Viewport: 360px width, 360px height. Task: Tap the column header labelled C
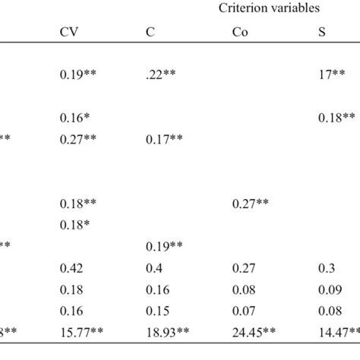tap(150, 32)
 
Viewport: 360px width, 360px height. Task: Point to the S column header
tap(321, 32)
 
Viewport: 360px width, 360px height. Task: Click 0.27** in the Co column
tap(251, 204)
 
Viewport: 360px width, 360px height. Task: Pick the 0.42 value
tap(71, 267)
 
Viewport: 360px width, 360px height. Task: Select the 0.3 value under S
tap(324, 267)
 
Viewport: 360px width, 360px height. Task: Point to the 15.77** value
tap(83, 332)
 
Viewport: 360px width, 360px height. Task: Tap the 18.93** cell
tap(169, 332)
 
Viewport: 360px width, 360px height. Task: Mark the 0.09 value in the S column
tap(327, 289)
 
